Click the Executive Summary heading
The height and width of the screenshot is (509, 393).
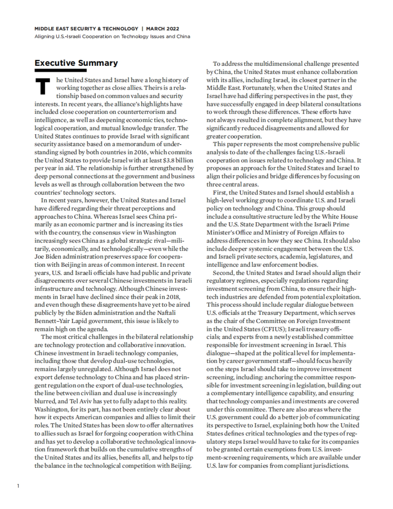coord(76,63)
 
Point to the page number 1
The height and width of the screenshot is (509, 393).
coord(18,486)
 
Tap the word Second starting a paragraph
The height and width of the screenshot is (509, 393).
coord(222,273)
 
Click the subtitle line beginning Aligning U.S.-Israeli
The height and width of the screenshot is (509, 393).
coord(112,36)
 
